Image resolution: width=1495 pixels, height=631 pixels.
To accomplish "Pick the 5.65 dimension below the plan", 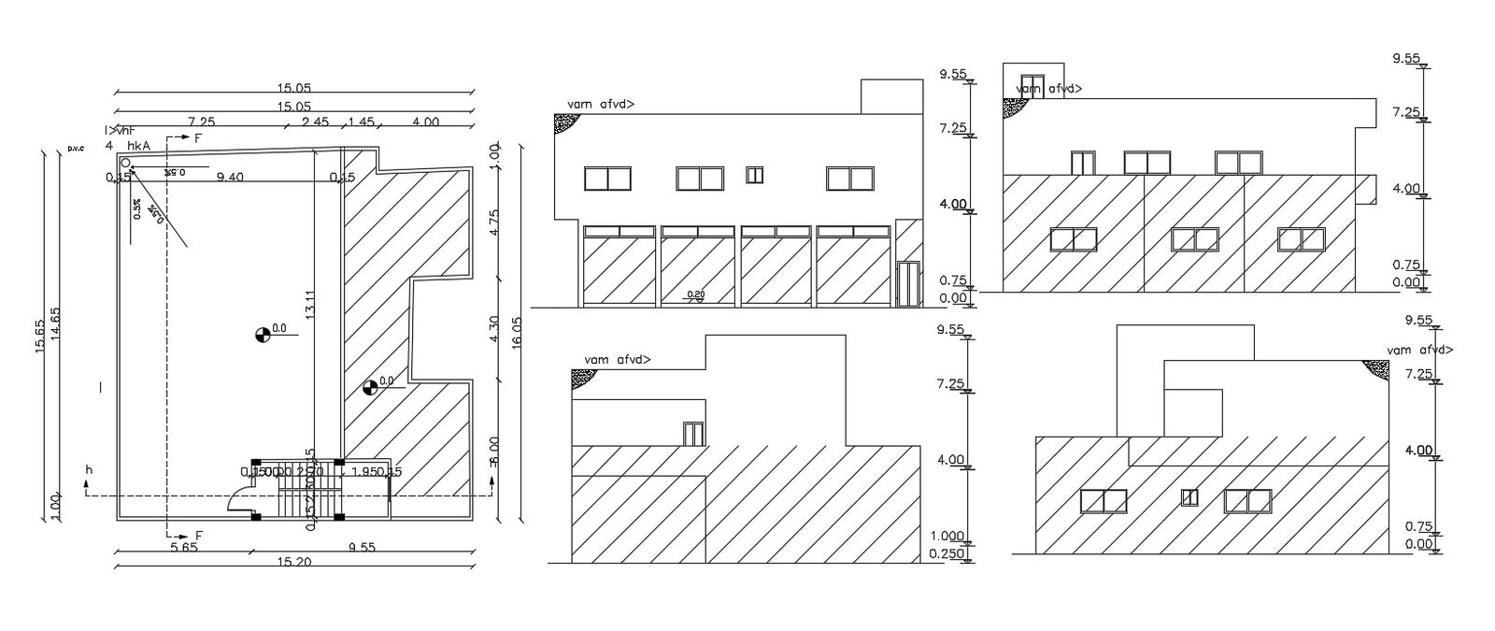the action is tap(184, 549).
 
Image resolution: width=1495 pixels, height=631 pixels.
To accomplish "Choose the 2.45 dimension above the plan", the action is tap(316, 122).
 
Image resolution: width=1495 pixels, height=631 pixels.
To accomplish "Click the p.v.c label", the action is tap(74, 148).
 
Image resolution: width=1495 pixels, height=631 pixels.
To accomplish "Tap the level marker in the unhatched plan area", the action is tap(263, 333).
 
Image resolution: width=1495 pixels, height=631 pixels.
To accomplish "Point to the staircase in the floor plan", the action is tap(307, 495).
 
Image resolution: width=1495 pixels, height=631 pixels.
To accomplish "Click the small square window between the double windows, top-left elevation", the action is tap(755, 175).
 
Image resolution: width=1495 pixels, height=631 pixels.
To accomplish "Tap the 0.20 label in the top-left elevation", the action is tap(696, 295).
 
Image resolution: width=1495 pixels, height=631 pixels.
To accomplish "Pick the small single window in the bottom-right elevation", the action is tap(1189, 497).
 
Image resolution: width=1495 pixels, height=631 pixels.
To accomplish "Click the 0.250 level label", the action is tap(947, 553).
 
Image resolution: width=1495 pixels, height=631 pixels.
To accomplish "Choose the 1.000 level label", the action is tap(947, 536).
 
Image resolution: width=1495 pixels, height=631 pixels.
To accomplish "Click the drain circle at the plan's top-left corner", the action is tap(124, 165).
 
